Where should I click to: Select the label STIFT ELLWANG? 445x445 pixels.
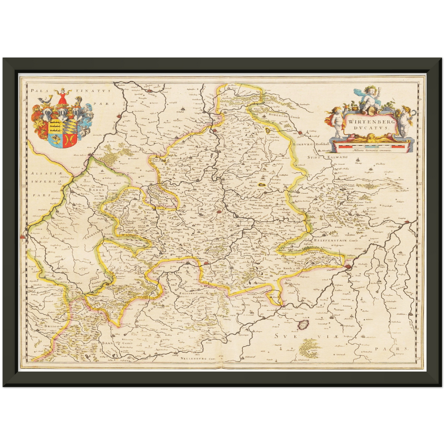(327, 157)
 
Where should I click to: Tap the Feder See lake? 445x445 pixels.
(304, 325)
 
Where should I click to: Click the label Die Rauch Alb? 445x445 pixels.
(288, 269)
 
